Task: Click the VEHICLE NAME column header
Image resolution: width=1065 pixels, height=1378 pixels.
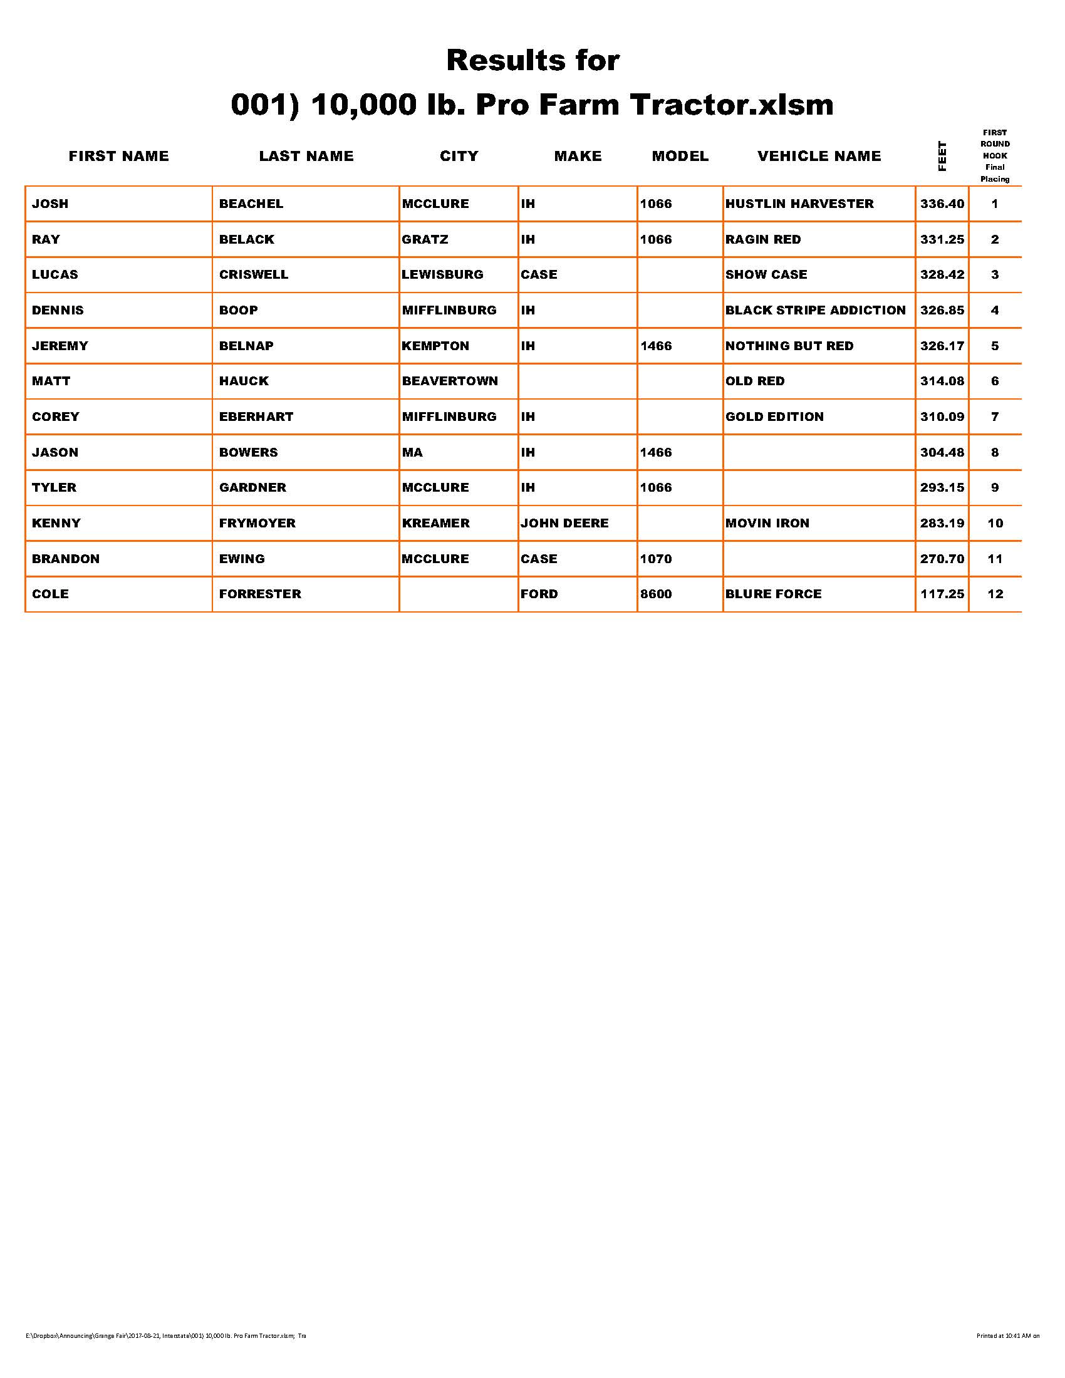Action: click(818, 156)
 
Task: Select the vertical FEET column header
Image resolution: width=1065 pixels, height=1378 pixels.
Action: click(942, 156)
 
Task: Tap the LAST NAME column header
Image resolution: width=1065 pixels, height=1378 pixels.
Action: click(306, 156)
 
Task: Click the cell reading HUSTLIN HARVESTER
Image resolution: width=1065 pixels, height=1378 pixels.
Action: click(799, 204)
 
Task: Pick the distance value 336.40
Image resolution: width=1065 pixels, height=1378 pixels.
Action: click(942, 204)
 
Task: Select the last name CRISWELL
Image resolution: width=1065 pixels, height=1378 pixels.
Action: click(254, 274)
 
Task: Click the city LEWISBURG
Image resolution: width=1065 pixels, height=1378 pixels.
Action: click(442, 274)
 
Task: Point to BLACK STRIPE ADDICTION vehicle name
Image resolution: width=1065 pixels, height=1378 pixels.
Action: click(815, 311)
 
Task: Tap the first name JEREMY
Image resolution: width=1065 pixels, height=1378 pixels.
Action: click(60, 346)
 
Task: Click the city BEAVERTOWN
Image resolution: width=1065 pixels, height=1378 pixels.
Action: click(450, 381)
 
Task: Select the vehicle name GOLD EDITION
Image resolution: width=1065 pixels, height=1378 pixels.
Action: click(774, 417)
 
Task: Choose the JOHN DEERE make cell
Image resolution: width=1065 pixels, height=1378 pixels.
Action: click(564, 523)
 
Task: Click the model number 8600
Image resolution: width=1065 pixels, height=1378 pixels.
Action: click(655, 594)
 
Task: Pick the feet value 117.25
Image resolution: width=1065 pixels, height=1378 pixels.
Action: click(942, 594)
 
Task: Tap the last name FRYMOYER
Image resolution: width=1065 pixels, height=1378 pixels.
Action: click(257, 523)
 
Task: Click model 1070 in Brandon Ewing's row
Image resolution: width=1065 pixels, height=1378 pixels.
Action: click(655, 559)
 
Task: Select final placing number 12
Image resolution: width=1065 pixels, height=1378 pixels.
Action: click(995, 594)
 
